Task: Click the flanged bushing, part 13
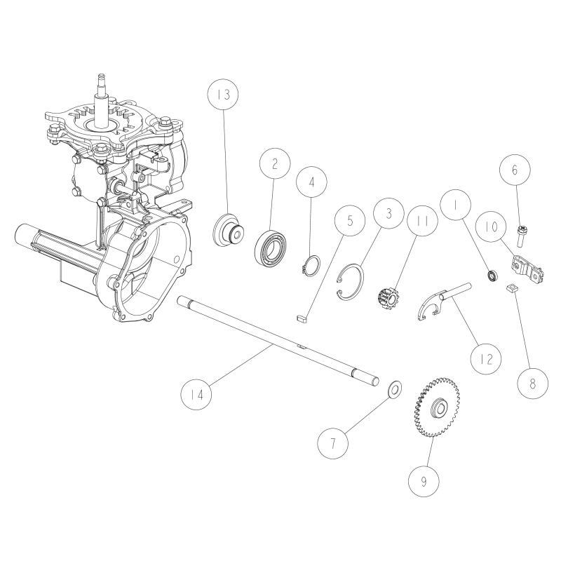(228, 230)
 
